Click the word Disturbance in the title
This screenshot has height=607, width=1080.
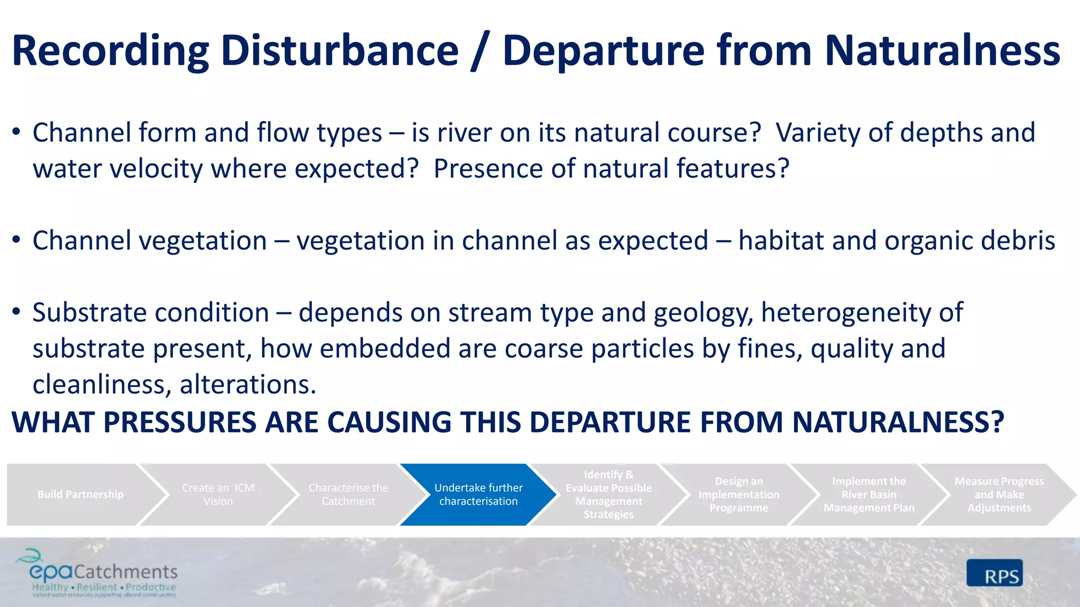tap(340, 51)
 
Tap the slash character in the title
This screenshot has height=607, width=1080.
tap(480, 51)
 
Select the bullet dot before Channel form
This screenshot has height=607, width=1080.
tap(17, 132)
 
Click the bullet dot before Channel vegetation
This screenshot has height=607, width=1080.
tap(17, 240)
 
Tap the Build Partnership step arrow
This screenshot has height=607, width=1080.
tap(81, 494)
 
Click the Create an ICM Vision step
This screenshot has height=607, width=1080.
tap(218, 494)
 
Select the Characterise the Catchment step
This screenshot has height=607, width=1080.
tap(348, 494)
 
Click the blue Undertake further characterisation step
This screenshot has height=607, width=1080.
tap(478, 494)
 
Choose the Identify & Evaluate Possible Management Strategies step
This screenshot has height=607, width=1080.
tap(609, 494)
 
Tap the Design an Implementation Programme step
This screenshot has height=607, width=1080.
tap(738, 494)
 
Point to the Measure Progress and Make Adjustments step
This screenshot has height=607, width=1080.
tap(999, 494)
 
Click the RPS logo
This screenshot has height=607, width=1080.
tap(995, 573)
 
